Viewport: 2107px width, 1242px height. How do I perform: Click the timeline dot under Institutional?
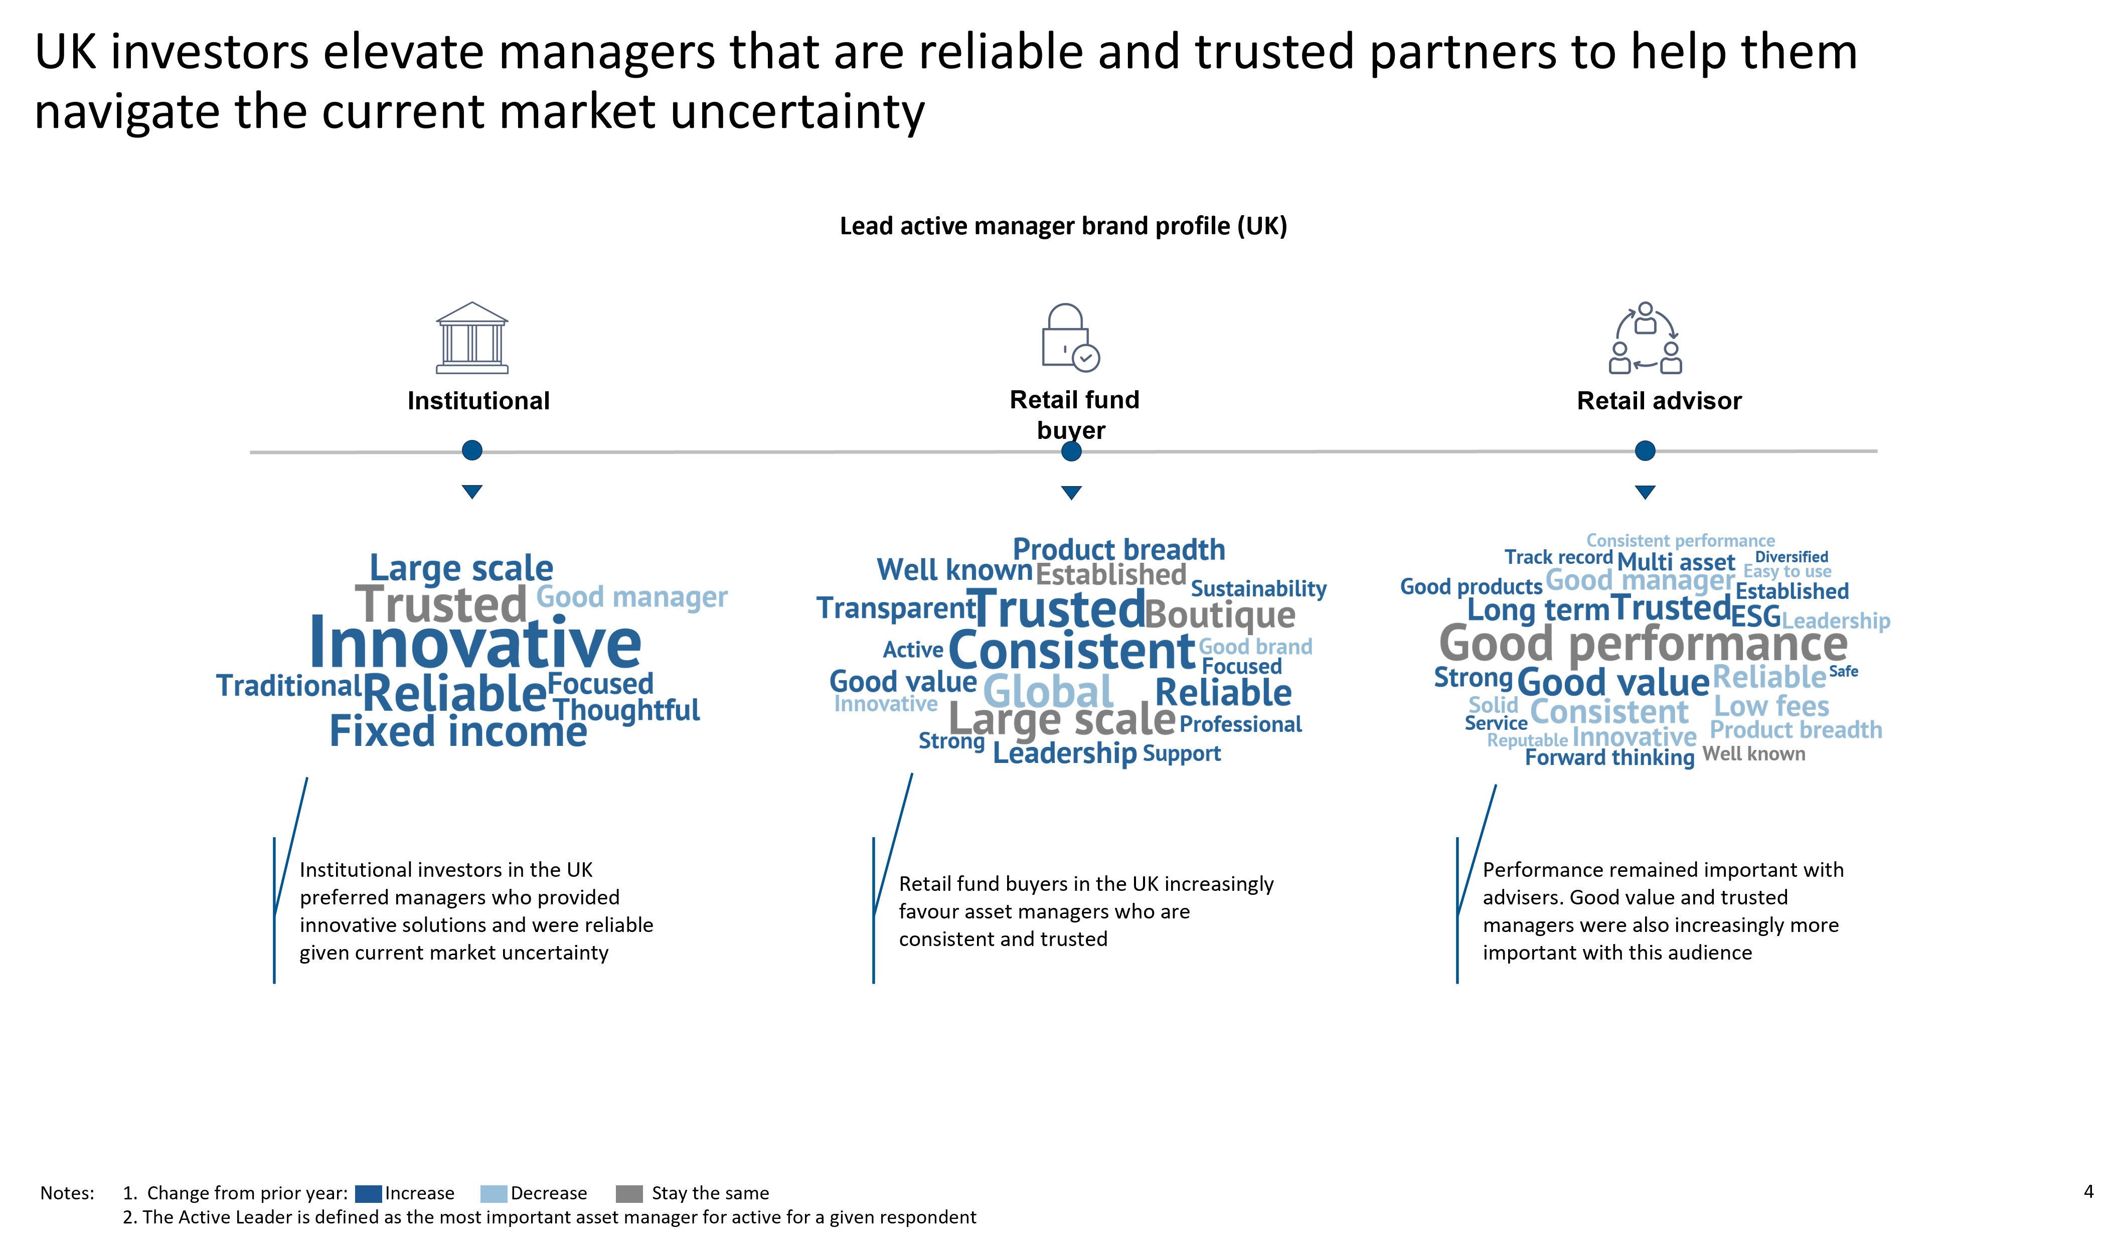click(472, 450)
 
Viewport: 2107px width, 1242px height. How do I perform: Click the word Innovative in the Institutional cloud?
click(475, 643)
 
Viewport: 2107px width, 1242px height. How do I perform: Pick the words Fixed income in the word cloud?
click(458, 731)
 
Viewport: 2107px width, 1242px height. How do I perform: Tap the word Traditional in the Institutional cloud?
click(289, 685)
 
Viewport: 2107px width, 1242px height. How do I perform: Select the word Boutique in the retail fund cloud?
click(1220, 615)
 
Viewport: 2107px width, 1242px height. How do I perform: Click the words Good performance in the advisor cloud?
click(1644, 644)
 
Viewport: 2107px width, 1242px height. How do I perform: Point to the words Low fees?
click(1771, 706)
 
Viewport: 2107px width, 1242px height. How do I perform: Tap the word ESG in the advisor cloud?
click(1755, 617)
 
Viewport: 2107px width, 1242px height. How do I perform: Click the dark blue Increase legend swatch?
click(368, 1193)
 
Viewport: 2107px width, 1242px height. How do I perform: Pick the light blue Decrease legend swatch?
click(494, 1193)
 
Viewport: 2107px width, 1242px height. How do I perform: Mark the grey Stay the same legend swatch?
click(629, 1193)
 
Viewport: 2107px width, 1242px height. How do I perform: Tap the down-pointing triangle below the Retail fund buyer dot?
click(1071, 492)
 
